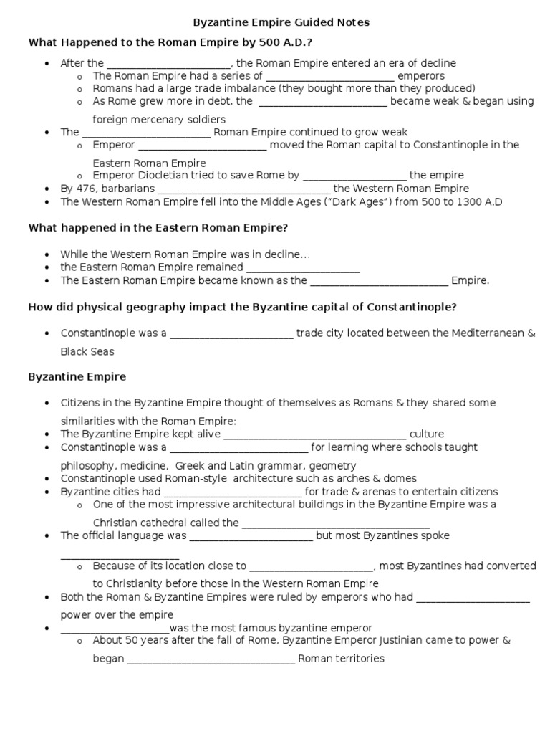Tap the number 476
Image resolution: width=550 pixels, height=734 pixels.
point(90,189)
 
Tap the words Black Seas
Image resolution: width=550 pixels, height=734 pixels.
point(87,352)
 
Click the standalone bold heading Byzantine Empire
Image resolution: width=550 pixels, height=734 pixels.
point(77,376)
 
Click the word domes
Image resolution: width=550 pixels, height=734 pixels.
point(401,478)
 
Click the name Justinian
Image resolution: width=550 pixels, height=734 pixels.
point(416,640)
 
